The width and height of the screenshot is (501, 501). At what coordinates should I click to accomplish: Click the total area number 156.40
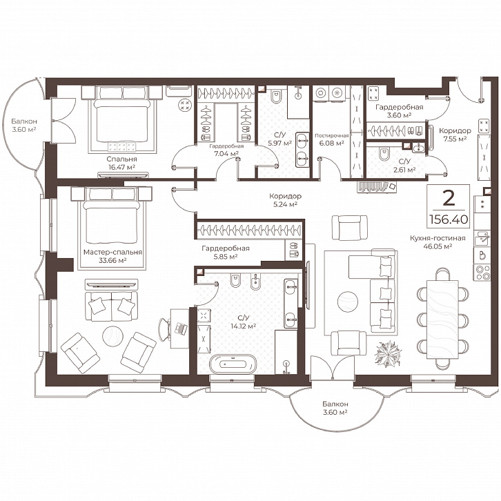tap(449, 219)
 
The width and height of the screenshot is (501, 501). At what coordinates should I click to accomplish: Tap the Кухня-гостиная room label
tap(438, 238)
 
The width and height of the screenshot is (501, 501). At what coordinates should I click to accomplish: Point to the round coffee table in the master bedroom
tap(112, 337)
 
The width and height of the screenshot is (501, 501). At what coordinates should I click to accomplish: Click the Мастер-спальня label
tap(112, 253)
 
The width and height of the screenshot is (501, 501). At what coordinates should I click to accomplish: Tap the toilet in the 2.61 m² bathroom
tap(383, 155)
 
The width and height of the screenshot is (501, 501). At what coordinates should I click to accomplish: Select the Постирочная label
tap(331, 135)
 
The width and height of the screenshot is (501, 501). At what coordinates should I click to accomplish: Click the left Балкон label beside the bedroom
tap(24, 121)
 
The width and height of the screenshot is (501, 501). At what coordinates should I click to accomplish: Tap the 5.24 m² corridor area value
tap(285, 204)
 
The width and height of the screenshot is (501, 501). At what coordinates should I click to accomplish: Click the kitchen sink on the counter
tap(482, 238)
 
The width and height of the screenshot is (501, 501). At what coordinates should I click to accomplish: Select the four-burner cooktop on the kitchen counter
tap(482, 273)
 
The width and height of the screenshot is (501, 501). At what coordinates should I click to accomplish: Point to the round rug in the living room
tap(348, 302)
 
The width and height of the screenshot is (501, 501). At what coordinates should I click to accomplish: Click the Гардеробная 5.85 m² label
tap(226, 252)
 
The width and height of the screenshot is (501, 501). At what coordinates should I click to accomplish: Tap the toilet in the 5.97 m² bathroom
tap(276, 96)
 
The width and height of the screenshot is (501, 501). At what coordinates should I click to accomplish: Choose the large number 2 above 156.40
tap(449, 199)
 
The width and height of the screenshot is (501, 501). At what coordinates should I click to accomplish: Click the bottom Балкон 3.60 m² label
tap(335, 408)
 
